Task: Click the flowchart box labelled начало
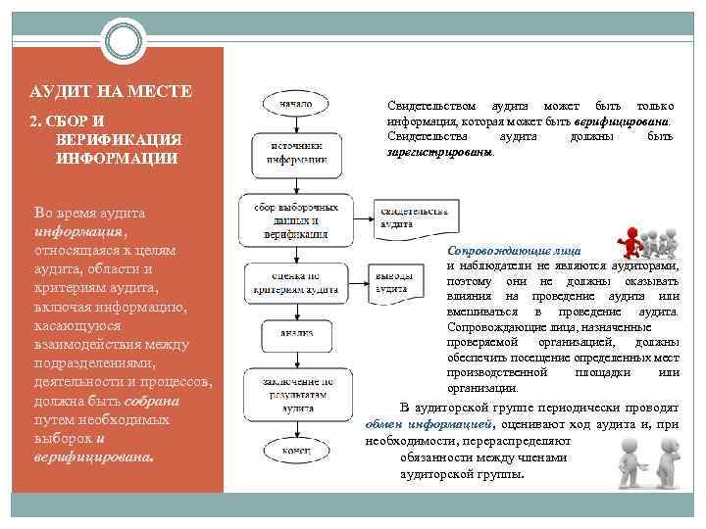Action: [296, 102]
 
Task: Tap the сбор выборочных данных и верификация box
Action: [296, 220]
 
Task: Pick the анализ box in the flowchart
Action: [296, 333]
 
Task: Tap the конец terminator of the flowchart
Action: [296, 451]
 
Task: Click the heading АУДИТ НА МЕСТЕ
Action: [110, 92]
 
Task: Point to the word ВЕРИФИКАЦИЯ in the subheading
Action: [119, 139]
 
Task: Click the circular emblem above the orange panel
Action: [125, 40]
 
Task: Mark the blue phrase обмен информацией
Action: [428, 425]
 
